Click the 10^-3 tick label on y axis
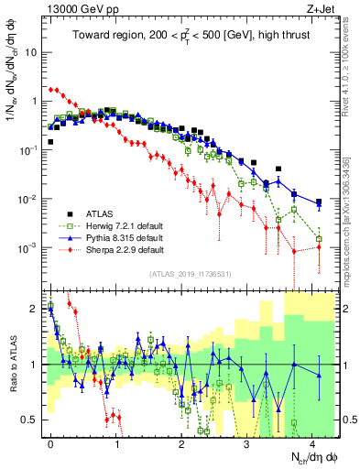coord(30,248)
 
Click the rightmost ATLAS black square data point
coord(319,202)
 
